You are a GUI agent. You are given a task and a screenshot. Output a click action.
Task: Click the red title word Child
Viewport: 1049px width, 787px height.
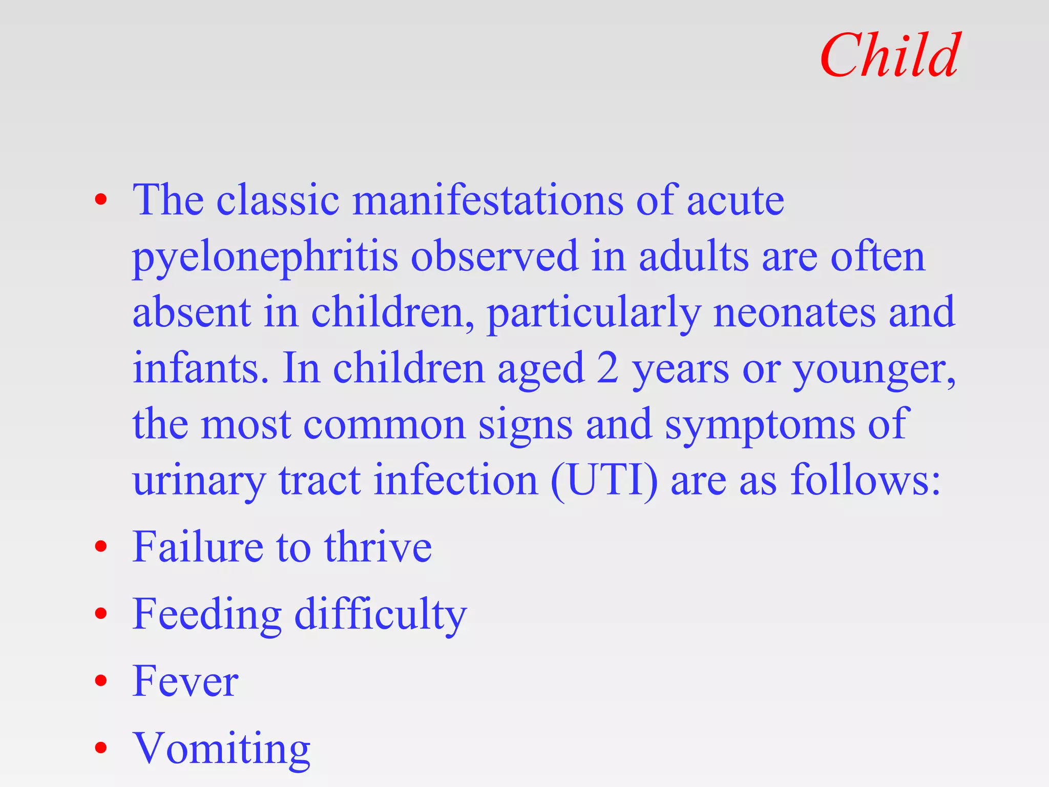click(x=889, y=55)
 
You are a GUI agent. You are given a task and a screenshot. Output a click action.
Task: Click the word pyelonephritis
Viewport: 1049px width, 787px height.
click(x=265, y=256)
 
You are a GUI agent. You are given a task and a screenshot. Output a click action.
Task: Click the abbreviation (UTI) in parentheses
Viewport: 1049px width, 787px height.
click(x=604, y=480)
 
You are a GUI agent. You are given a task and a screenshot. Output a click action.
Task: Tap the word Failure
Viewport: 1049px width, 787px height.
click(x=197, y=547)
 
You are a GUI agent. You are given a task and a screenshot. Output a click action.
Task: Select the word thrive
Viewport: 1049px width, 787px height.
click(x=377, y=547)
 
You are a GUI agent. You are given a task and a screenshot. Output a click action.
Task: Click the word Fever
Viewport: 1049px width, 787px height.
click(x=185, y=681)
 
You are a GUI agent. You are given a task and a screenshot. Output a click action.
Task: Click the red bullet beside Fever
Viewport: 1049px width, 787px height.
click(x=101, y=681)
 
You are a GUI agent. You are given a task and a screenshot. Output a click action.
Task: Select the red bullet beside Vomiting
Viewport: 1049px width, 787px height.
click(x=101, y=748)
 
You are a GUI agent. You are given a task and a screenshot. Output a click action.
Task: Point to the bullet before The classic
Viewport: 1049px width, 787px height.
click(x=101, y=200)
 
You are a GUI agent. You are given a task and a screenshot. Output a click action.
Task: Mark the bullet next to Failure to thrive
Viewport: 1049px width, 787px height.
click(x=101, y=547)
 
